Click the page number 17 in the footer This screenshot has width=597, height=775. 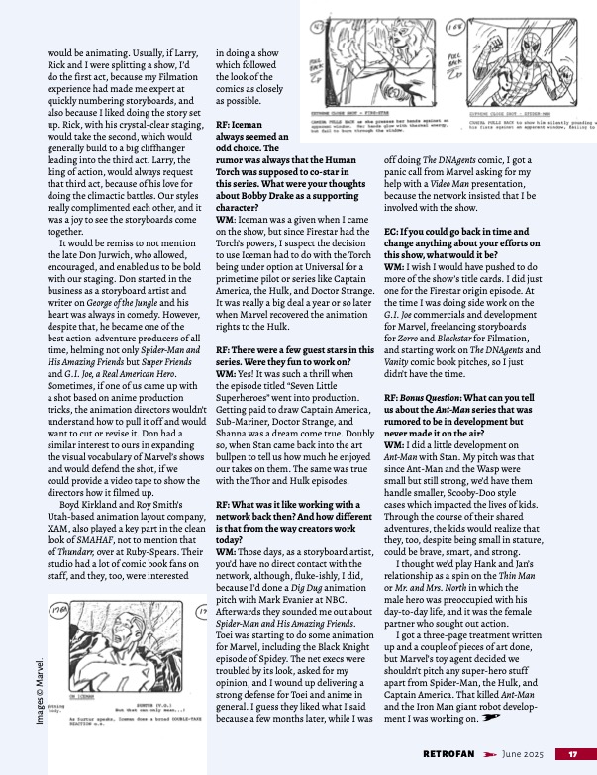572,753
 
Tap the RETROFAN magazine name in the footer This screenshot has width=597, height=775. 452,753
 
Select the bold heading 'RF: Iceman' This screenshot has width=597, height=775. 244,123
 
